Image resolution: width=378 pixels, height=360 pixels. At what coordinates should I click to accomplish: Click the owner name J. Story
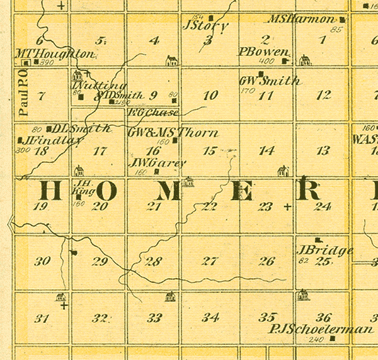pyautogui.click(x=205, y=26)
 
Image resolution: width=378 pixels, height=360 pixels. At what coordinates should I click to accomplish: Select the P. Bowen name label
pyautogui.click(x=264, y=52)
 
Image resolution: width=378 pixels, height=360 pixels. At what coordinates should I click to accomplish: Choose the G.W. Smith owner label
pyautogui.click(x=269, y=81)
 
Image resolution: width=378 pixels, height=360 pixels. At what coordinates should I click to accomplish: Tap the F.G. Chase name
pyautogui.click(x=152, y=113)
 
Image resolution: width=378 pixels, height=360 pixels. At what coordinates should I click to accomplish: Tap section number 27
pyautogui.click(x=210, y=261)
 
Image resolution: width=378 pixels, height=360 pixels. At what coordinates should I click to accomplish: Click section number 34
pyautogui.click(x=210, y=317)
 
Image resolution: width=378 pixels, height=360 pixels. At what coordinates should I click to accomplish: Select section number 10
pyautogui.click(x=211, y=96)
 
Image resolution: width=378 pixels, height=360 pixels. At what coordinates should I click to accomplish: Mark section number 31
pyautogui.click(x=42, y=318)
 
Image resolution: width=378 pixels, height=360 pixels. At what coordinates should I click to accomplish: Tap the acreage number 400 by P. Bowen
pyautogui.click(x=266, y=62)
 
